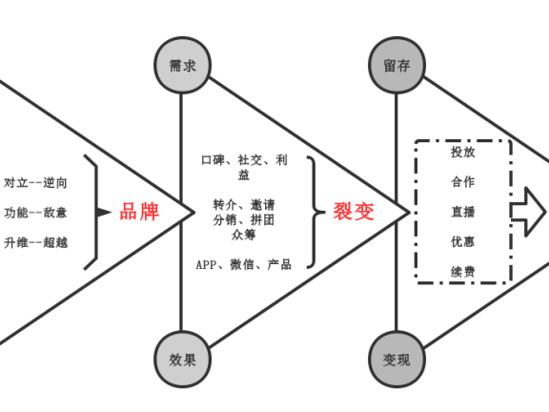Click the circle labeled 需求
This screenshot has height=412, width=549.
pos(181,65)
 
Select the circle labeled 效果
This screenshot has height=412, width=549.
pos(181,360)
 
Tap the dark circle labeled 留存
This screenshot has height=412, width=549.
pos(396,65)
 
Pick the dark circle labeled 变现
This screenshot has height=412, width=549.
pos(396,360)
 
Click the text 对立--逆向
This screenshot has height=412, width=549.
pos(36,182)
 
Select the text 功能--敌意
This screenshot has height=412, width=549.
pos(36,212)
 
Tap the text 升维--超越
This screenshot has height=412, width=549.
pos(36,242)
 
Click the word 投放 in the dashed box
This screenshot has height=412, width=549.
pos(463,151)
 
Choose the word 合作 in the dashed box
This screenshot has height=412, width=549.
pos(463,181)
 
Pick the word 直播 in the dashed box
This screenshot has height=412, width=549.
pos(463,212)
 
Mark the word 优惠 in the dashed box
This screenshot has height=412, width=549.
pos(463,242)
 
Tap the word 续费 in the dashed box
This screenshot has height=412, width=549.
pos(463,273)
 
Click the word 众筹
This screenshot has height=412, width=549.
pos(243,235)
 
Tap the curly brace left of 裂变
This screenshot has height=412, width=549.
pos(314,212)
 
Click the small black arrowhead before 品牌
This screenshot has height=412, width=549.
pos(104,212)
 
